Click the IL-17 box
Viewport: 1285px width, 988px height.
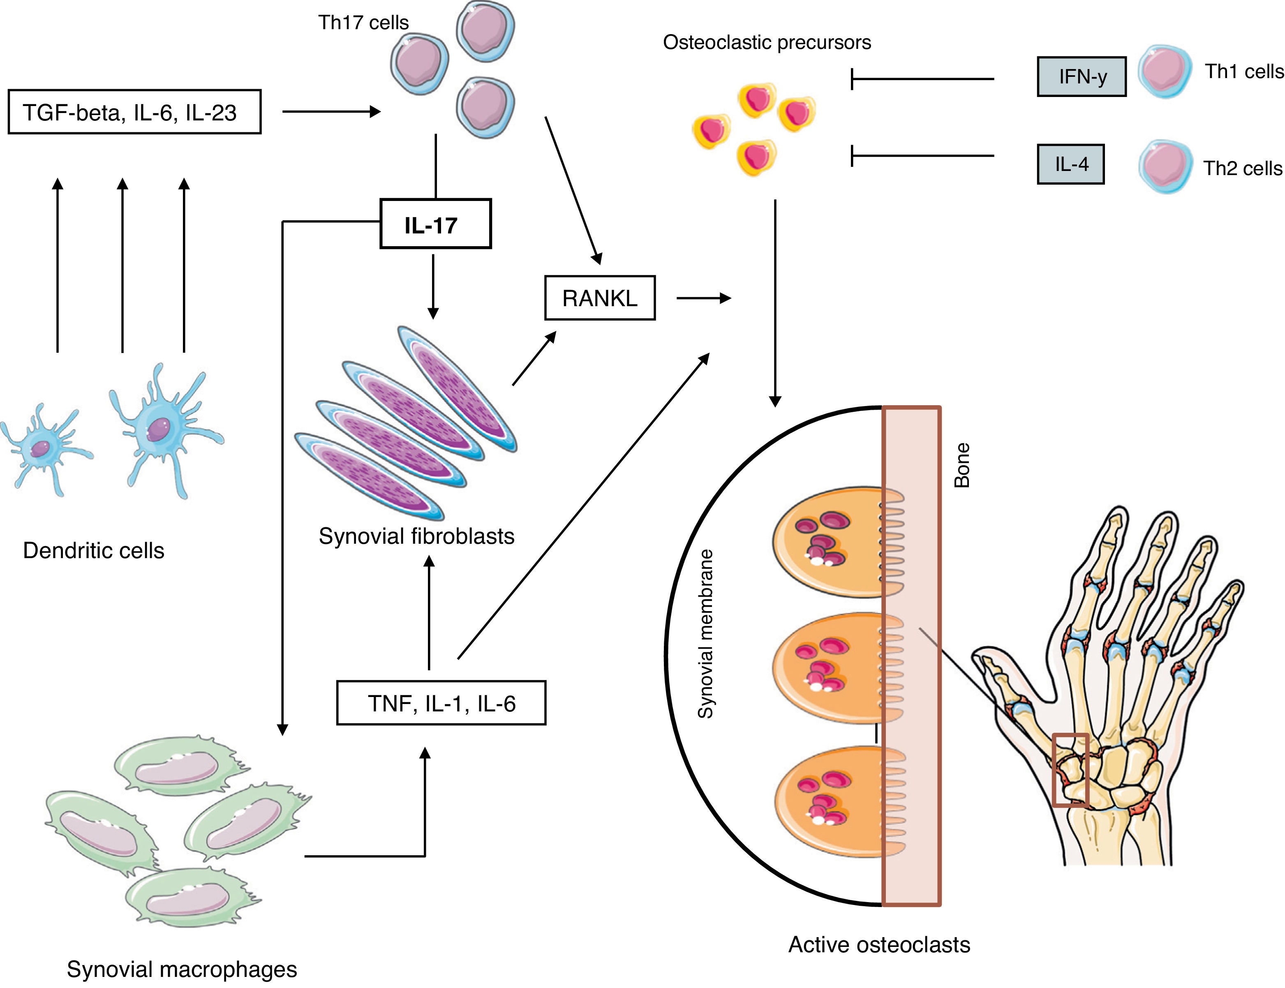pyautogui.click(x=435, y=224)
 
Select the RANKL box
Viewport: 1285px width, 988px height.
pyautogui.click(x=599, y=298)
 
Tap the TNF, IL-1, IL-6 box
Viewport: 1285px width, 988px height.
pyautogui.click(x=441, y=703)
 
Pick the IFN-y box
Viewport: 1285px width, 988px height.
pyautogui.click(x=1081, y=76)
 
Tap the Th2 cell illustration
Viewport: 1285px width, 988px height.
pyautogui.click(x=1165, y=166)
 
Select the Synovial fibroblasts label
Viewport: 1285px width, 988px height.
pyautogui.click(x=416, y=536)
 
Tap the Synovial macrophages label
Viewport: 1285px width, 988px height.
pyautogui.click(x=182, y=969)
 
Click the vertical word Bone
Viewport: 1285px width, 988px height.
pyautogui.click(x=961, y=465)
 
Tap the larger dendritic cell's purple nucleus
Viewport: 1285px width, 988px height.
pyautogui.click(x=157, y=429)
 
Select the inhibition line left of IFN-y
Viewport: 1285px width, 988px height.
pyautogui.click(x=922, y=78)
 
